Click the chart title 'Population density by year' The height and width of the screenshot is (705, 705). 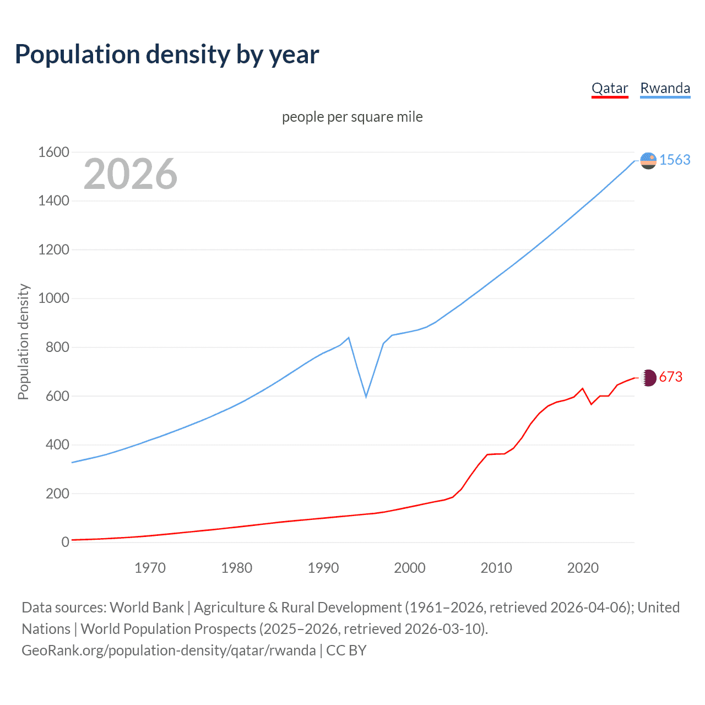click(x=167, y=55)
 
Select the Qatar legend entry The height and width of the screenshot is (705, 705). click(x=610, y=88)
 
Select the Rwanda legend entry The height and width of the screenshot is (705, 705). click(x=665, y=88)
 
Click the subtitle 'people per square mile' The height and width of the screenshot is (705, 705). click(x=352, y=117)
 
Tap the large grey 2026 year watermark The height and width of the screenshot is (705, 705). click(x=131, y=174)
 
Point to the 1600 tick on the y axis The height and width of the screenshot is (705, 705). click(x=53, y=152)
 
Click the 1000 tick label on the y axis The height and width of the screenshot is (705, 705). click(x=53, y=298)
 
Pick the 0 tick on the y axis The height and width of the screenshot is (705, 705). click(x=65, y=542)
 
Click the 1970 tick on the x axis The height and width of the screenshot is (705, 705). click(x=150, y=568)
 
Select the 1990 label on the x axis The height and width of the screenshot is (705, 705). click(x=323, y=568)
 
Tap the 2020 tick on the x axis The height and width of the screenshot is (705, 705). click(x=583, y=568)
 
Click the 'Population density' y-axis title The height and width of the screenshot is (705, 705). click(x=23, y=341)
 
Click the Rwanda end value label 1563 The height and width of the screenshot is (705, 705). click(x=675, y=160)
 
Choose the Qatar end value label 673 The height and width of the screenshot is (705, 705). click(x=670, y=377)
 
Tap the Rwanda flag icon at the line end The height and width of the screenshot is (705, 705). click(x=649, y=160)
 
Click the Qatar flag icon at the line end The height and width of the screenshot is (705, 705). click(x=649, y=377)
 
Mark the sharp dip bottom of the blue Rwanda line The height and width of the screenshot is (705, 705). click(x=366, y=397)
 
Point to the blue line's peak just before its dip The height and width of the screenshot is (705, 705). click(x=349, y=338)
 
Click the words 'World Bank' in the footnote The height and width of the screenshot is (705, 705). click(x=147, y=608)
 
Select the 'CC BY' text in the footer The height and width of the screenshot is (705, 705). click(x=346, y=650)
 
